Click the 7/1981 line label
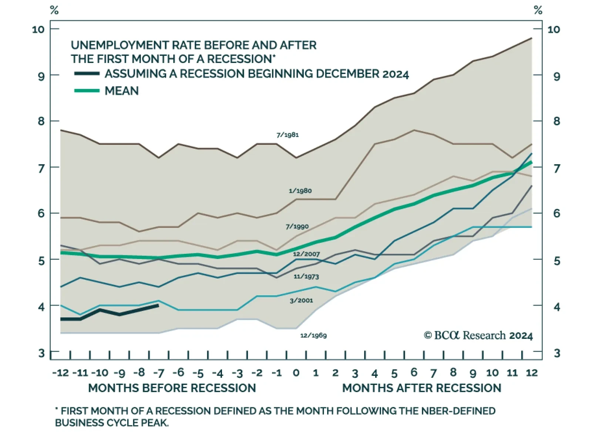coord(287,135)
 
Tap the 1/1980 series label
coord(300,191)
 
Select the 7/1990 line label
coord(297,226)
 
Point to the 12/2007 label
coord(306,254)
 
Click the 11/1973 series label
coord(306,276)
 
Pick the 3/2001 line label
coord(301,300)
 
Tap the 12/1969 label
coord(313,336)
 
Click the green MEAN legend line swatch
coord(87,91)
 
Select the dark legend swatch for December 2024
coord(87,74)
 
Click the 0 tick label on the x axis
coord(296,373)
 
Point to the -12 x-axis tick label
coord(61,373)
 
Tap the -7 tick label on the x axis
coord(158,373)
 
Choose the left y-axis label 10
coord(38,29)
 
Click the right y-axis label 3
coord(557,353)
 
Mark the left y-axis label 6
coord(41,213)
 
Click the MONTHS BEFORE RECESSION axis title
coord(172,388)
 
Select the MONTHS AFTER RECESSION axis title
coord(422,388)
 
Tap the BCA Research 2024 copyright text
coord(478,336)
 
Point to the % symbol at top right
coord(538,10)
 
